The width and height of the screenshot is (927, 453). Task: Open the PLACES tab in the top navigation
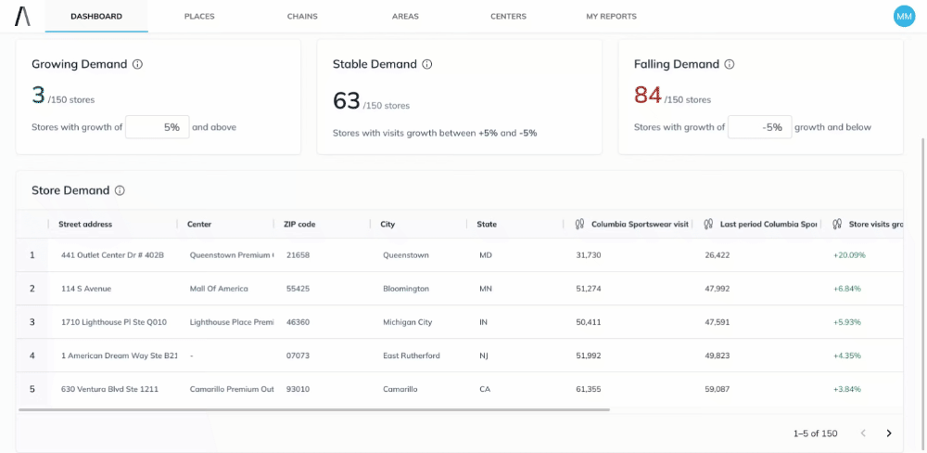(x=199, y=17)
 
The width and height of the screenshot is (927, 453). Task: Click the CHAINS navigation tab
(x=302, y=17)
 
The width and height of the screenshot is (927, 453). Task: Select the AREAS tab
(x=405, y=17)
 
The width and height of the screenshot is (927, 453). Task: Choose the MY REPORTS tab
(x=611, y=17)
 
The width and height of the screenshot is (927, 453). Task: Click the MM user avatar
(x=903, y=16)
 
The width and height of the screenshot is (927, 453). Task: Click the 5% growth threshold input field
(x=158, y=127)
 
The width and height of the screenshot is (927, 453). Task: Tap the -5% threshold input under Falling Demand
(x=759, y=127)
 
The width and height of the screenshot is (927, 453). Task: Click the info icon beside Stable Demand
(x=427, y=65)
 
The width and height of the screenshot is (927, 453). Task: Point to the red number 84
(x=647, y=95)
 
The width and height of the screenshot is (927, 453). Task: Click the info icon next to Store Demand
(x=120, y=191)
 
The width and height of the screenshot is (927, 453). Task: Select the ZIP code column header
(x=300, y=225)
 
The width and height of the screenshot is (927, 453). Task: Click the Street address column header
(x=85, y=225)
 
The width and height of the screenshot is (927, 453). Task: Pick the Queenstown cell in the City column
(x=406, y=255)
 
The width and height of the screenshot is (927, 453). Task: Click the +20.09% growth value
(x=849, y=255)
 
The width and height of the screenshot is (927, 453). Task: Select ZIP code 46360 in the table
(x=298, y=322)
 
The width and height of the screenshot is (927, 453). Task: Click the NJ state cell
(x=484, y=356)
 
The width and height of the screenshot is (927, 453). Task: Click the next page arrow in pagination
(x=889, y=434)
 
